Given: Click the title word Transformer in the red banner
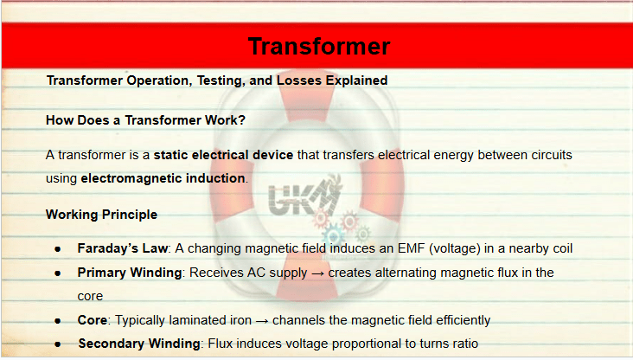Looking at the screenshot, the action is pos(319,46).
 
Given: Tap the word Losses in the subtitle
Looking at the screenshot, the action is pos(299,80).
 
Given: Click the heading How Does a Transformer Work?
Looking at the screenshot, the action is pos(145,120).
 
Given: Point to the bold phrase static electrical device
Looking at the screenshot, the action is pos(223,155).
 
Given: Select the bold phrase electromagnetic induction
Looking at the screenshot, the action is pos(163,178).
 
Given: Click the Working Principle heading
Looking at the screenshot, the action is pos(101,215).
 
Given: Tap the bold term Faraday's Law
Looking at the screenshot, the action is pos(122,248).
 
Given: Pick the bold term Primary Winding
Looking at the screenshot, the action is pos(129,273).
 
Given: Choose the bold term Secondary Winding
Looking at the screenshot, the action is pos(139,344).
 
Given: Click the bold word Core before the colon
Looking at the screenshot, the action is pos(92,320).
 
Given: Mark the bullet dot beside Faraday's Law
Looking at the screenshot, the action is pos(58,249).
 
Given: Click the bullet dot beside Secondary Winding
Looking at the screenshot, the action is pos(58,344).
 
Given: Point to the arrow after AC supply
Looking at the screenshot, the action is pos(317,274).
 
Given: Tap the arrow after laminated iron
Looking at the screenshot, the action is pos(262,321).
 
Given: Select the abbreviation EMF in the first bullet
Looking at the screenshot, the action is pos(411,248).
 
